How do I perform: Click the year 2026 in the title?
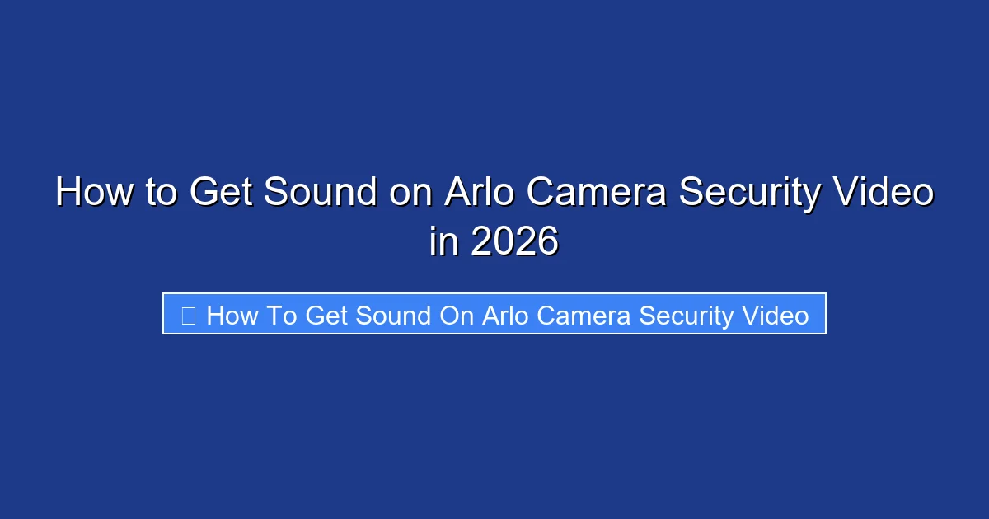point(515,242)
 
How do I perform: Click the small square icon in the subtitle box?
point(188,315)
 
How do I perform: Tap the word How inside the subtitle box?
point(232,315)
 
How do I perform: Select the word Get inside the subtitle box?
point(326,315)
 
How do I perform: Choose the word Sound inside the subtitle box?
point(395,315)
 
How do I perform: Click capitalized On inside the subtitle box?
point(457,315)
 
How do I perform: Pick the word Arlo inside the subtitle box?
point(504,315)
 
